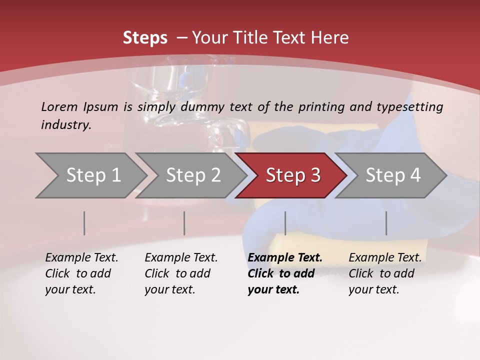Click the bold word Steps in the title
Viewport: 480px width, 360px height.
point(145,38)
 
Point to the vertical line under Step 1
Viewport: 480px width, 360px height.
point(84,223)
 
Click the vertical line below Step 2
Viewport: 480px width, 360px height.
point(184,223)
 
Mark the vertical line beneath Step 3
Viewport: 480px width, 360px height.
point(285,223)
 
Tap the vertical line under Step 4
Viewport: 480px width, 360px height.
point(386,223)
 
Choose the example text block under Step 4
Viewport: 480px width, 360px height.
point(385,273)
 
